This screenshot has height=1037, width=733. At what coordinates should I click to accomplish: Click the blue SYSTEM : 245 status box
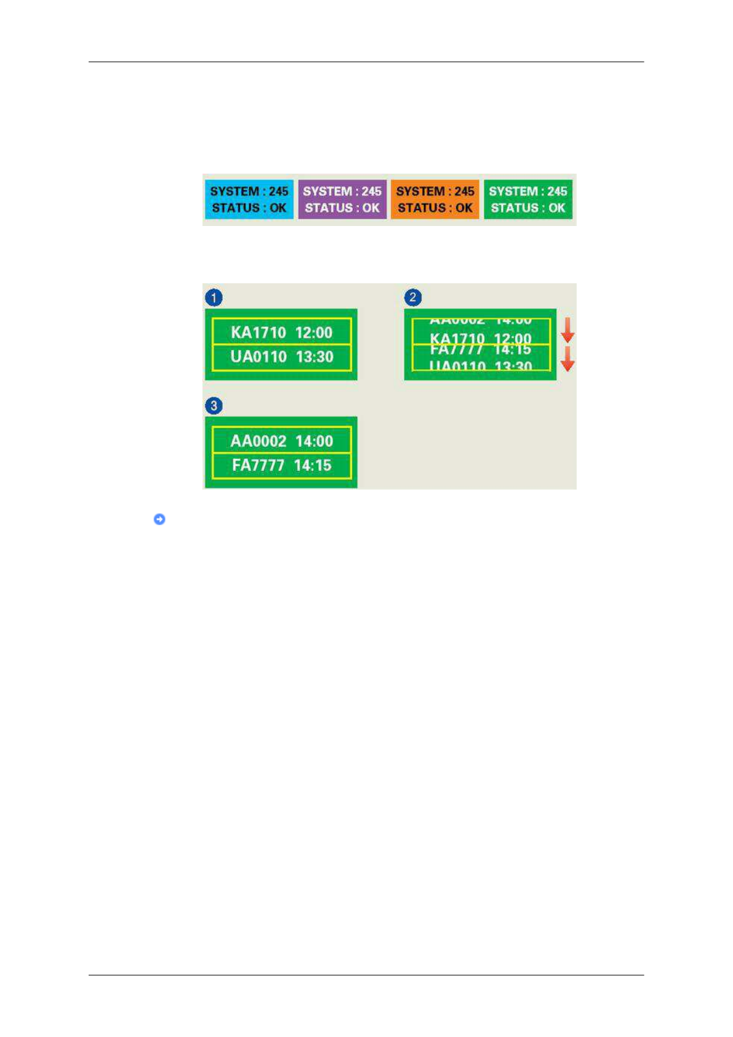[x=249, y=200]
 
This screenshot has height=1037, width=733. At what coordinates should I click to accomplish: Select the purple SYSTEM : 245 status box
[x=342, y=200]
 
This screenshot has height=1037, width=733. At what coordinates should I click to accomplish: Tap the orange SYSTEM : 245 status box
[x=435, y=200]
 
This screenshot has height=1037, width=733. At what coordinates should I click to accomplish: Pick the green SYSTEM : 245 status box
[x=528, y=200]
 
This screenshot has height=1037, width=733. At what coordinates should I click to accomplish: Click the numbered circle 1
[x=214, y=298]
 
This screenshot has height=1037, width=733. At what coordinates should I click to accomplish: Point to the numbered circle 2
[x=413, y=298]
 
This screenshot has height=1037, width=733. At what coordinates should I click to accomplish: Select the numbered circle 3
[x=214, y=406]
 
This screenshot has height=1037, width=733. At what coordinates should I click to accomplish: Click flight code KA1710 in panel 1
[x=258, y=333]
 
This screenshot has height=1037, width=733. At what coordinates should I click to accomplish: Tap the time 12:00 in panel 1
[x=314, y=333]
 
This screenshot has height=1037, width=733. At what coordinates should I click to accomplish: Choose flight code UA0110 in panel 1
[x=258, y=357]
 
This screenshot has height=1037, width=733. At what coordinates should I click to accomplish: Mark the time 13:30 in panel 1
[x=314, y=357]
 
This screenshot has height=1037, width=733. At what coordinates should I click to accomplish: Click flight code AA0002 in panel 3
[x=258, y=441]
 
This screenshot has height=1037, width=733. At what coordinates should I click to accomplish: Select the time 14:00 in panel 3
[x=314, y=441]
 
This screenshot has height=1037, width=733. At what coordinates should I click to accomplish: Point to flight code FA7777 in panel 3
[x=258, y=465]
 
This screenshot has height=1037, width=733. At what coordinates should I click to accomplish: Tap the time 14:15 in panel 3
[x=313, y=465]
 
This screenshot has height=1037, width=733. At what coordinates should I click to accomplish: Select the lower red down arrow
[x=567, y=359]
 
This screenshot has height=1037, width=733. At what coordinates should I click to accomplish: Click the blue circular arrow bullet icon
[x=159, y=519]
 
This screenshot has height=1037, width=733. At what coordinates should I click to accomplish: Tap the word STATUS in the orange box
[x=422, y=208]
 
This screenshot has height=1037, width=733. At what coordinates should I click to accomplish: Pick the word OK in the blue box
[x=278, y=208]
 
